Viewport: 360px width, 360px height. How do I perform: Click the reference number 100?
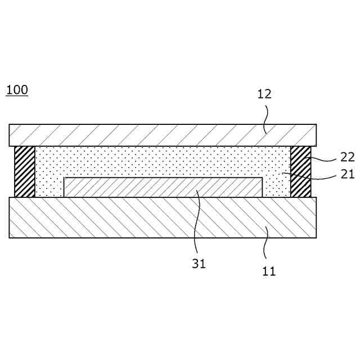[x=17, y=89]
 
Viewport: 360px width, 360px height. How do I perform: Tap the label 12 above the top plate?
[x=264, y=94]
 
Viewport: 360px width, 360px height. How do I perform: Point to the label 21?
[x=347, y=174]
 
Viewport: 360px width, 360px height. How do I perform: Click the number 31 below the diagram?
[x=199, y=263]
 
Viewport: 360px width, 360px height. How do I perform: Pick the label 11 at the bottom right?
[x=269, y=271]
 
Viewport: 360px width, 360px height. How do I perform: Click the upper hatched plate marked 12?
[x=141, y=135]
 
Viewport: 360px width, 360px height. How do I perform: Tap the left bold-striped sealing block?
[x=25, y=172]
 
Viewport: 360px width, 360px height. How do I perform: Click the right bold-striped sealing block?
[x=300, y=172]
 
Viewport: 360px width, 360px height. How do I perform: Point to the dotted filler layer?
[x=163, y=162]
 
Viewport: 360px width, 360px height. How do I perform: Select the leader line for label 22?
[x=323, y=160]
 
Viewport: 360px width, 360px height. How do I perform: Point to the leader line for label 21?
[x=315, y=178]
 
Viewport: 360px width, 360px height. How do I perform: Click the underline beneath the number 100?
[x=17, y=96]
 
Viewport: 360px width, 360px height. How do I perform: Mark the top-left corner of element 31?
[x=64, y=178]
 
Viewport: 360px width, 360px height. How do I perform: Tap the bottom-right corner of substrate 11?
[x=316, y=237]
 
